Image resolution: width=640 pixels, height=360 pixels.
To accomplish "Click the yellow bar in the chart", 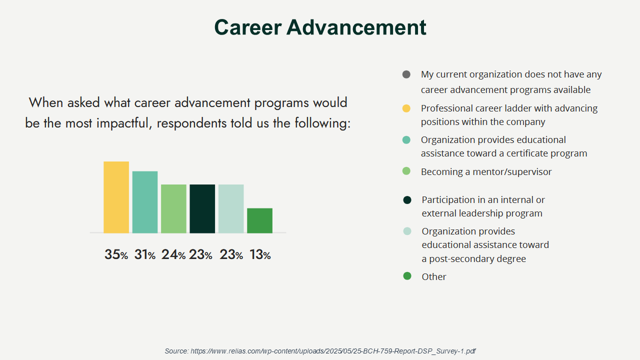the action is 116,197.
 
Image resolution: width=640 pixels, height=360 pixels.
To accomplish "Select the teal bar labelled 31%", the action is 145,202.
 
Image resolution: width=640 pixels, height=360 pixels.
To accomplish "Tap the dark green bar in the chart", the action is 202,208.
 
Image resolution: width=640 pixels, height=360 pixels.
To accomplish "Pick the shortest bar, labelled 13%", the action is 259,220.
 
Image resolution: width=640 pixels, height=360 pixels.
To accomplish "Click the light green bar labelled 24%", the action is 173,208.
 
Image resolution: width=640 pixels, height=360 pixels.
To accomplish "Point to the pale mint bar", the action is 231,208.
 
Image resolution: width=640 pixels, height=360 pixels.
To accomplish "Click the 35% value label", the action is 116,254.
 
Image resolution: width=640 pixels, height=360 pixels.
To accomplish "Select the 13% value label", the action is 259,254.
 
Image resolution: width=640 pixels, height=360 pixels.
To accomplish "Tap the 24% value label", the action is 173,254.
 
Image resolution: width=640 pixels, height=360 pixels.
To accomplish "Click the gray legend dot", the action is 406,74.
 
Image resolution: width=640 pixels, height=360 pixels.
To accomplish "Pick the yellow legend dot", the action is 406,108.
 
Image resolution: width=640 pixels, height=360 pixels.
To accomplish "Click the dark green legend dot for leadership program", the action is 407,200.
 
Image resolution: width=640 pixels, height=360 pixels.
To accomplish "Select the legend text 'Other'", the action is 433,276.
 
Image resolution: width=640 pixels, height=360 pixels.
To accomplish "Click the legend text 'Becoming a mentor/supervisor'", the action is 486,171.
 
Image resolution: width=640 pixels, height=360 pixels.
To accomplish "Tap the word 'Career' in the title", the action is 248,27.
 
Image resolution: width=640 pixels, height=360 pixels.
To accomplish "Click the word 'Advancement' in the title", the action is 356,27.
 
